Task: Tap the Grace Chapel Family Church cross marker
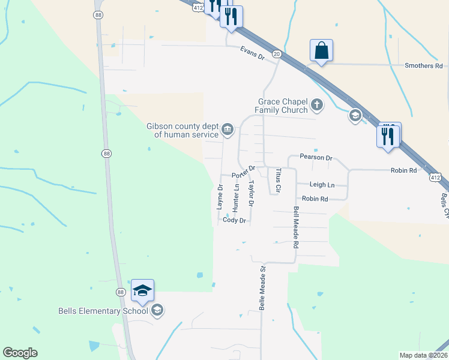point(317,106)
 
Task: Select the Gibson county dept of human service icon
point(228,129)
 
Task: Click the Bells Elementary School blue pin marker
point(142,291)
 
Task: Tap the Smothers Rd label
point(423,65)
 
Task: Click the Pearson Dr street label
point(316,157)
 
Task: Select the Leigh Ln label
point(322,185)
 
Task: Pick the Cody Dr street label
point(235,220)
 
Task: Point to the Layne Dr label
point(220,197)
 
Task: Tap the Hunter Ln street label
point(236,197)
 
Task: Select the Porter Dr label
point(244,172)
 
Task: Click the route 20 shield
point(276,54)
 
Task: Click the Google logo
point(20,353)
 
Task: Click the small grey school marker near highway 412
point(355,115)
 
